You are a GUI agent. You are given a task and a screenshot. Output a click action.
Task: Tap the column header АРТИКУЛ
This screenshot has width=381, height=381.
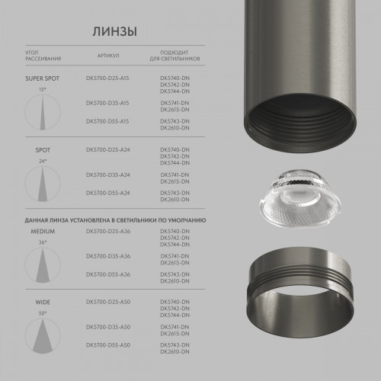pyautogui.click(x=107, y=56)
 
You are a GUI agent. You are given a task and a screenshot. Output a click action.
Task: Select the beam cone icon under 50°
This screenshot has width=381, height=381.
pyautogui.click(x=42, y=337)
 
